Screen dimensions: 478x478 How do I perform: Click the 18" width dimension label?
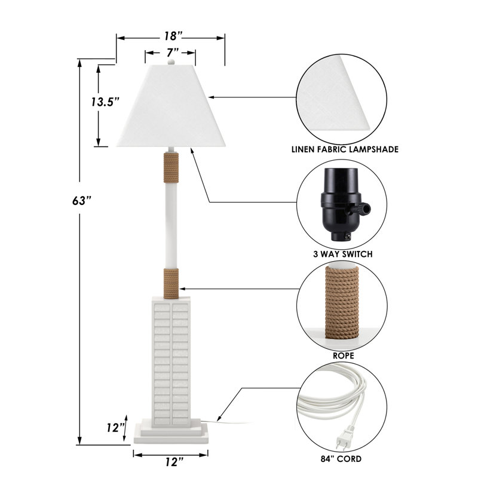point(173,36)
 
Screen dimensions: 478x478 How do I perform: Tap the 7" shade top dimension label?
point(172,53)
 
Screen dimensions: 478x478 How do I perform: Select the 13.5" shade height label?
point(105,102)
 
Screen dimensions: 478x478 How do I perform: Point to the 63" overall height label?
point(81,201)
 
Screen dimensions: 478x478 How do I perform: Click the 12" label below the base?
point(174,462)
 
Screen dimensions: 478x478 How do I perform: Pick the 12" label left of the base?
point(115,428)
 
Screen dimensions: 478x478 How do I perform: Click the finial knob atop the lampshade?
point(171,62)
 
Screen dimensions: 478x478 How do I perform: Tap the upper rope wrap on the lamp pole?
point(171,168)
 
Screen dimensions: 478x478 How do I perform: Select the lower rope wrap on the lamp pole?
point(171,283)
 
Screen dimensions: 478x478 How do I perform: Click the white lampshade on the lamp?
point(171,106)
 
